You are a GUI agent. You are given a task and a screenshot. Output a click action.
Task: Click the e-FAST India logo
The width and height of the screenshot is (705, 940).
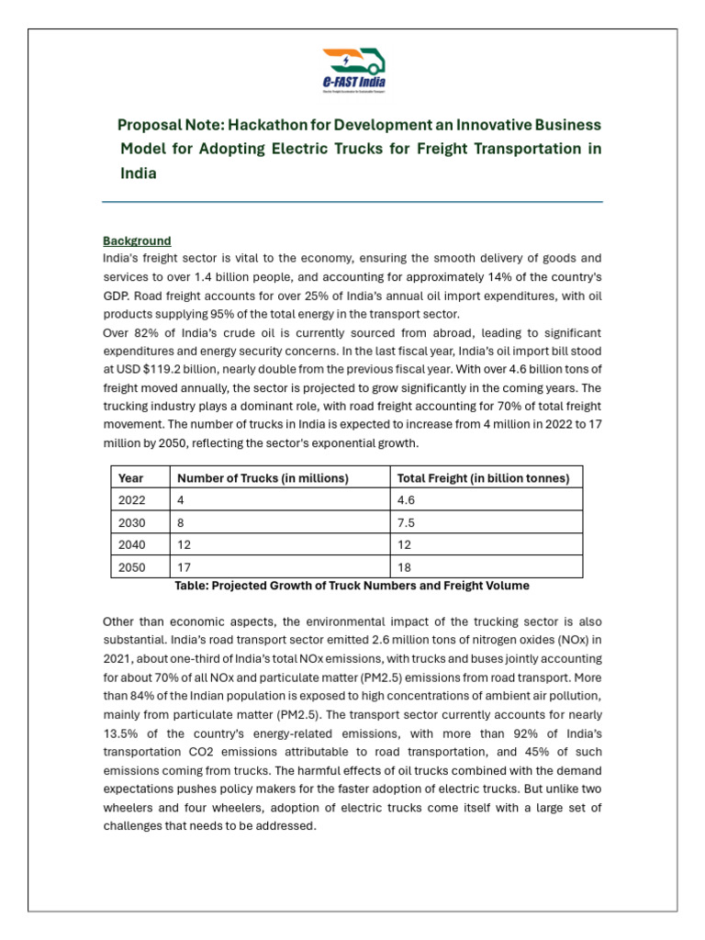(353, 70)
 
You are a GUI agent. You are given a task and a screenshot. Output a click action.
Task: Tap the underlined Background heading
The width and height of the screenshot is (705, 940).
(137, 241)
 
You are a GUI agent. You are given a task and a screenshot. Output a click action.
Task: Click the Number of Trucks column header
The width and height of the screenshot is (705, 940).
(263, 477)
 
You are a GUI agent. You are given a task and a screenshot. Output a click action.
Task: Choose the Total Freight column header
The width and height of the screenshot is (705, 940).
(483, 477)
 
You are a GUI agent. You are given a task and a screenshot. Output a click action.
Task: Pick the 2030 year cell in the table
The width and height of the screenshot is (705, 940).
(132, 522)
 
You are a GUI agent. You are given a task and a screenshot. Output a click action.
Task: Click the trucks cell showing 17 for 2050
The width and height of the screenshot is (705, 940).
(184, 567)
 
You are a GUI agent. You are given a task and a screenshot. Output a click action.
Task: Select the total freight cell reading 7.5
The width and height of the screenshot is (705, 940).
(405, 522)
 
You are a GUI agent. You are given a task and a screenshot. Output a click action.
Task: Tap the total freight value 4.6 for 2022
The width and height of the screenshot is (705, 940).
(405, 500)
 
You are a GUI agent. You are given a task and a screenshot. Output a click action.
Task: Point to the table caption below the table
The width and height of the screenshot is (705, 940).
(352, 586)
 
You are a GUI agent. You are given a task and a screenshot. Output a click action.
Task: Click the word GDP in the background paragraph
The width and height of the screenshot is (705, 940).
(116, 297)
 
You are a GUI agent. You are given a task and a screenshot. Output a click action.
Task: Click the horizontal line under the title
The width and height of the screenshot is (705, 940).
(352, 202)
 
